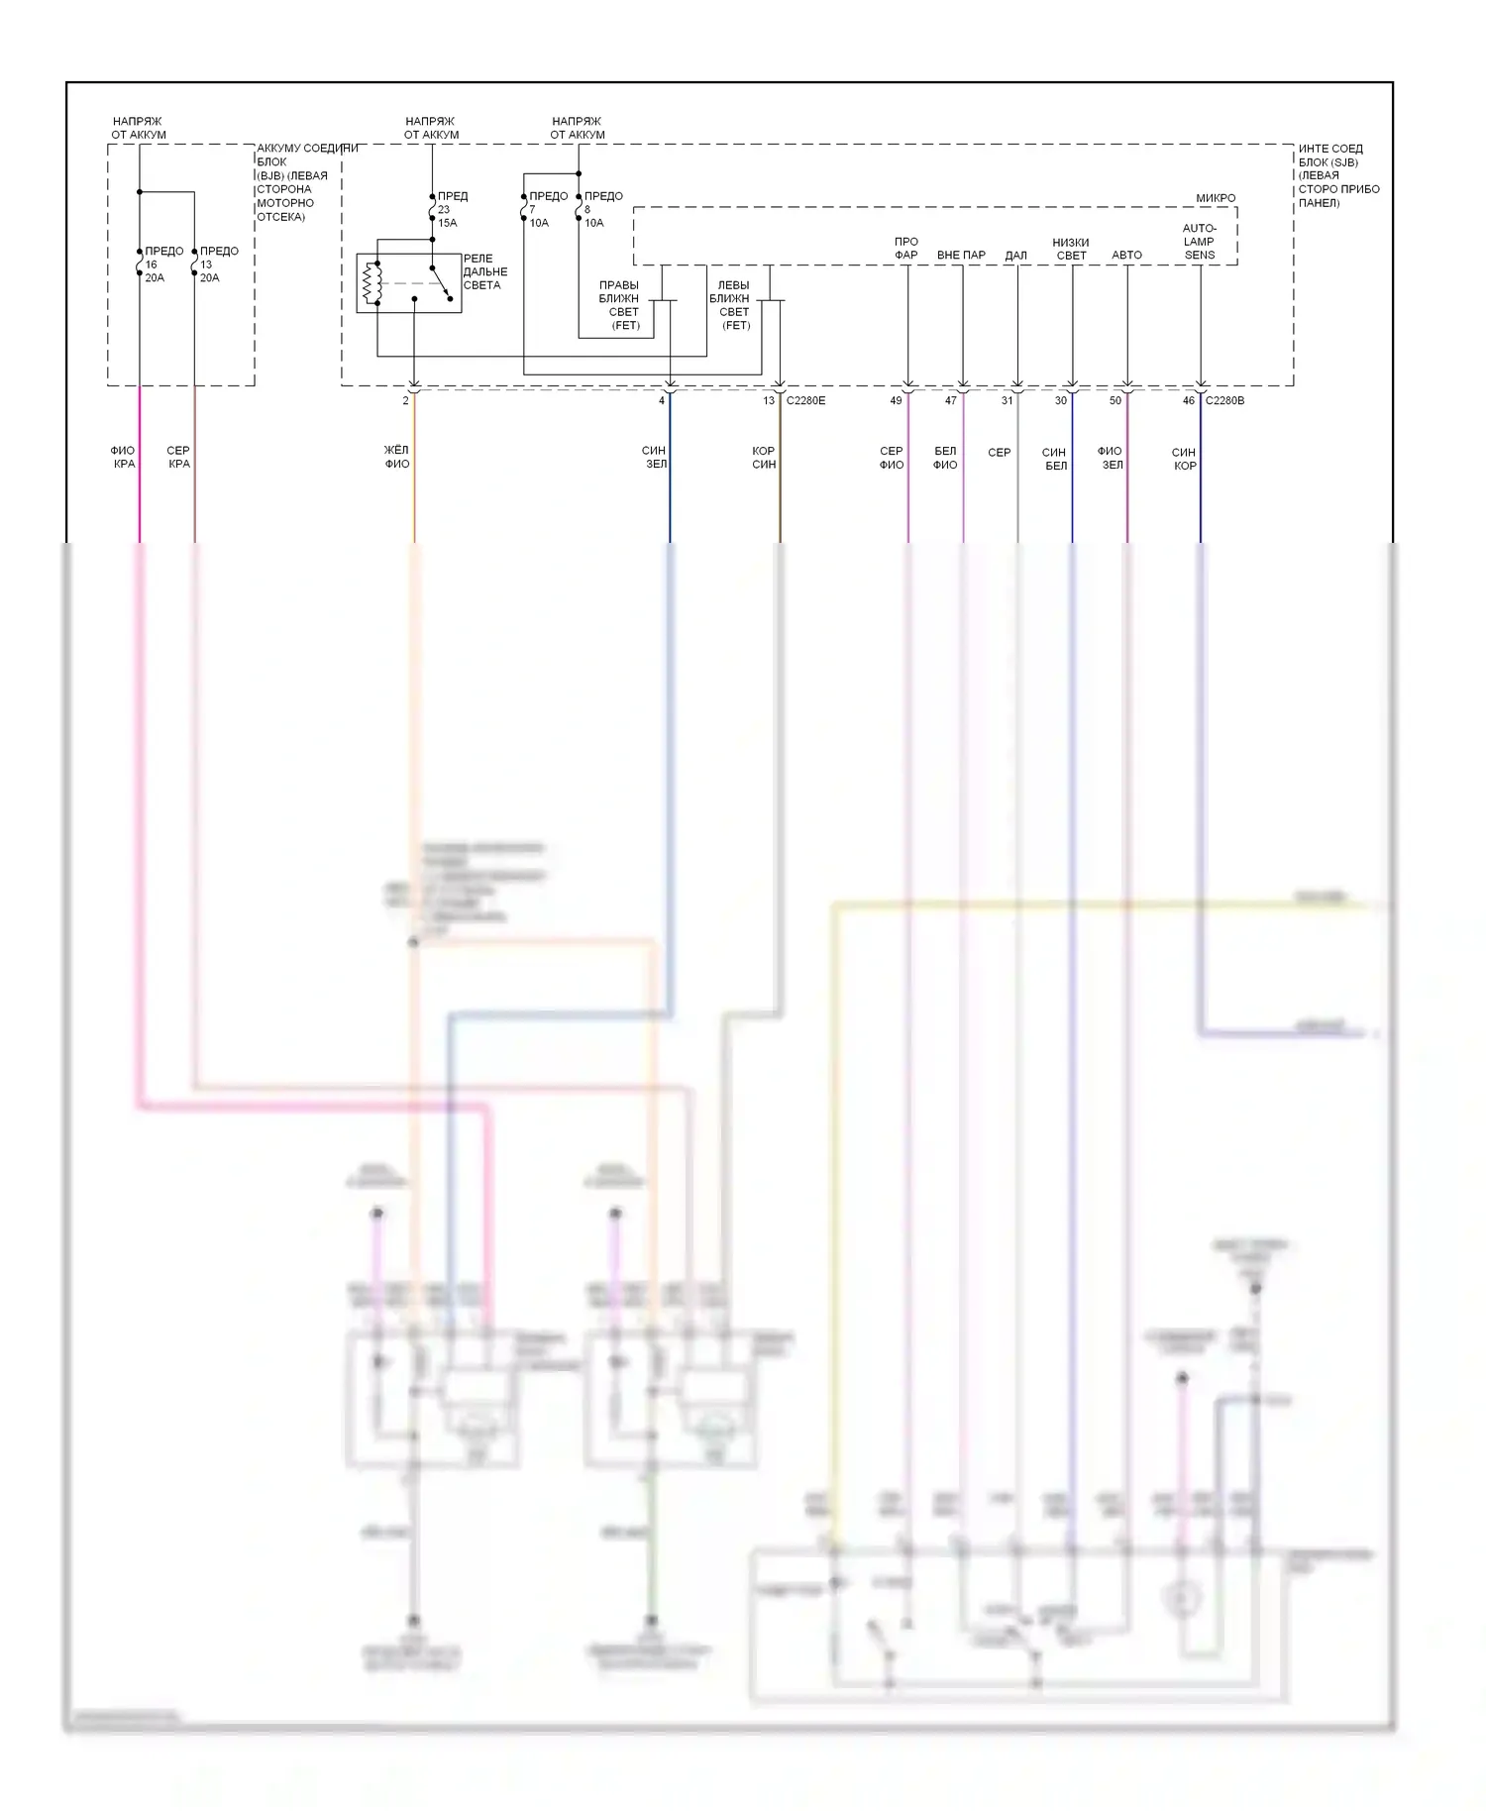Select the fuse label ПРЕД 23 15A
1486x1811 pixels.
(x=452, y=209)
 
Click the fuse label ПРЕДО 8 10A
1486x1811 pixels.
(x=602, y=209)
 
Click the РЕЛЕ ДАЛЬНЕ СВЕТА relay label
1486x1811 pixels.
(x=484, y=271)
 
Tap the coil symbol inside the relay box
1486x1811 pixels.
(x=371, y=283)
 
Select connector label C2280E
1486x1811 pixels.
(x=805, y=401)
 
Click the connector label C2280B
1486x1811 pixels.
(x=1224, y=401)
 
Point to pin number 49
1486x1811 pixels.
(x=896, y=401)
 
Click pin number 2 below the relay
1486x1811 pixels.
(x=405, y=401)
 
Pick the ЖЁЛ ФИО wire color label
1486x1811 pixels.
(x=396, y=457)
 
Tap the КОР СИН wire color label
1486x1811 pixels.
(x=763, y=458)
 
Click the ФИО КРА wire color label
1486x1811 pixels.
(x=123, y=457)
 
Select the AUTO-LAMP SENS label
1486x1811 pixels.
(x=1199, y=242)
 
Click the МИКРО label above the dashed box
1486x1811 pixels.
(x=1216, y=198)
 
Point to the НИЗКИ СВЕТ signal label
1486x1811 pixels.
(x=1071, y=249)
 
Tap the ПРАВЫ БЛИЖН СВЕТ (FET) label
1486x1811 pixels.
(x=620, y=305)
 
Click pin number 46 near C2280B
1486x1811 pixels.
(x=1188, y=401)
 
